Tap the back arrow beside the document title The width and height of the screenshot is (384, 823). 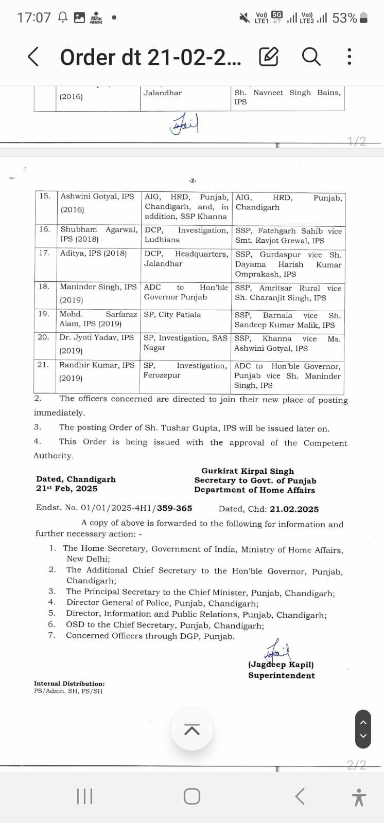click(x=33, y=57)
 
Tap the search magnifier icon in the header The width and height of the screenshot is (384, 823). click(x=311, y=56)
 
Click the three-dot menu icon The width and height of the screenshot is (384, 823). click(x=350, y=57)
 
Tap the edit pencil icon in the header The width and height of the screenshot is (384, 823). click(x=269, y=57)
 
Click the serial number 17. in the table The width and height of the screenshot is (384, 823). click(x=44, y=253)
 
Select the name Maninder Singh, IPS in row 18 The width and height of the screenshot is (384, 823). click(x=98, y=287)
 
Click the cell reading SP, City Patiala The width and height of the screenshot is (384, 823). click(x=172, y=314)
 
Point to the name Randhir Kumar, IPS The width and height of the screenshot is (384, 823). click(x=96, y=365)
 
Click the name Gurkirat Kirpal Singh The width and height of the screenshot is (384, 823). click(x=248, y=471)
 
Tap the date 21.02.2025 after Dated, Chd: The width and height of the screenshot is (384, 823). click(x=294, y=509)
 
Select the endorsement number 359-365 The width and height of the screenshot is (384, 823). click(x=174, y=508)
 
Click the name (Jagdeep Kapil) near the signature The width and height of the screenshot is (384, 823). click(x=281, y=664)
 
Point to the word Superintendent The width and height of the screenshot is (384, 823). click(x=282, y=675)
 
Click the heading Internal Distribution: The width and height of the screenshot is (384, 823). click(x=69, y=684)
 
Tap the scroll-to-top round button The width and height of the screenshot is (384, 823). click(x=192, y=729)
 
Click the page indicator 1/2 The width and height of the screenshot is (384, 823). click(x=357, y=141)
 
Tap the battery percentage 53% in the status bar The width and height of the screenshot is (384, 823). click(x=344, y=18)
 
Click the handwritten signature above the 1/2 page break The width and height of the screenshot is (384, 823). click(x=185, y=124)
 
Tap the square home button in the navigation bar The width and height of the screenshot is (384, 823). click(x=192, y=796)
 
